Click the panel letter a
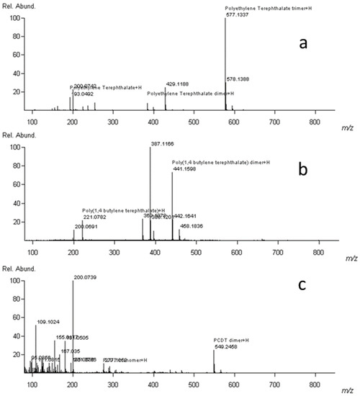(x=305, y=44)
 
